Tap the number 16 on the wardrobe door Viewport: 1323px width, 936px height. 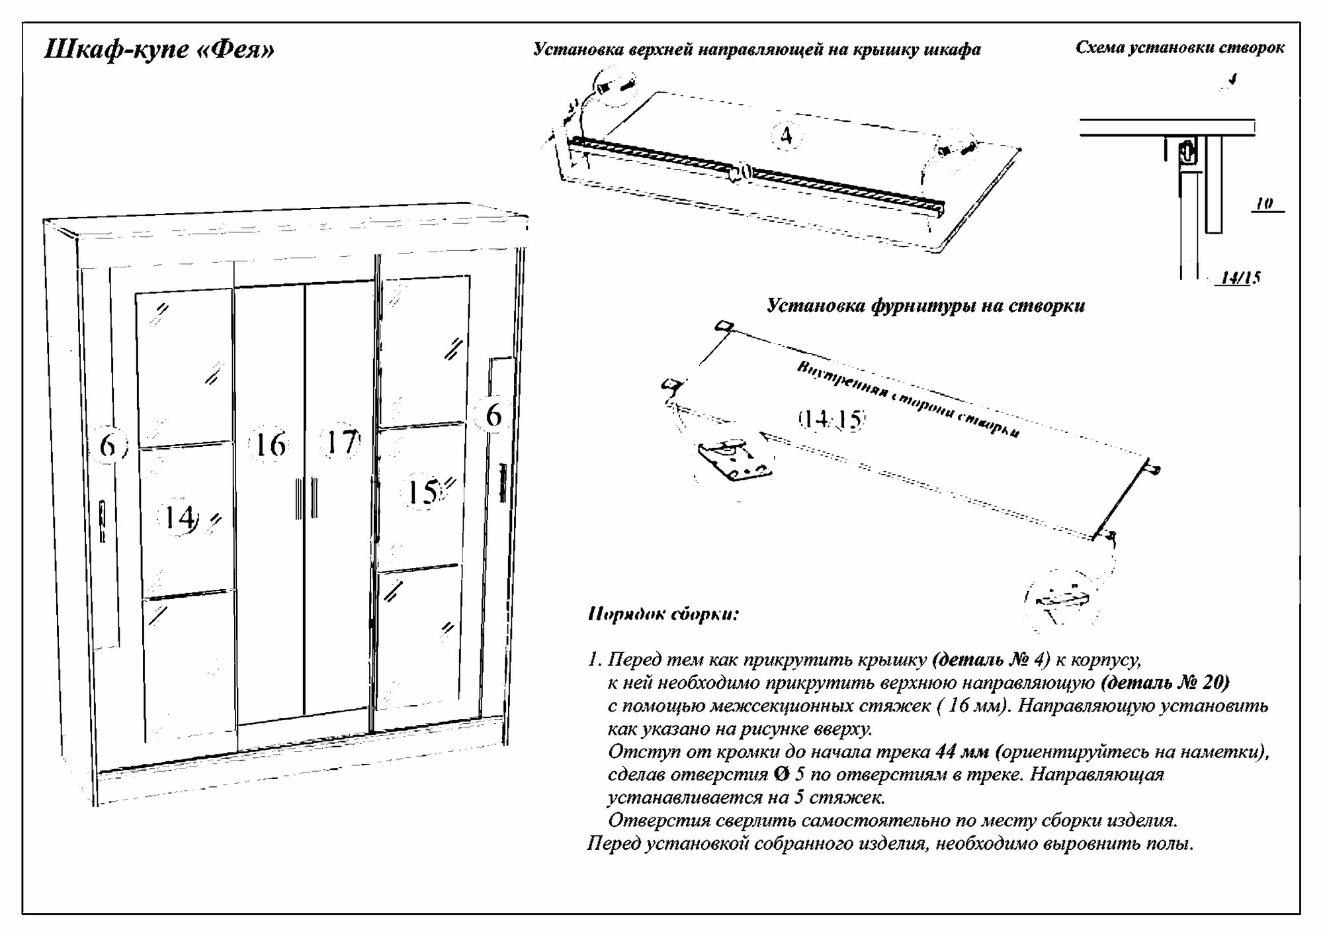point(270,444)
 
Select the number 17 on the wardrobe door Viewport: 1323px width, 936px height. point(341,442)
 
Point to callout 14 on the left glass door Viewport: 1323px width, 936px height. point(180,516)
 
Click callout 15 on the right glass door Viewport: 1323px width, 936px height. point(423,492)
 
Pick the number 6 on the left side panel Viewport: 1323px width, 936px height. point(108,445)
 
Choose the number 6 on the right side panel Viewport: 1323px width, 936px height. point(493,415)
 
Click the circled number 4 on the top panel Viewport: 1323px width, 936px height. point(786,135)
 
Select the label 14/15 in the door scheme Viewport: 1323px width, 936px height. point(1240,277)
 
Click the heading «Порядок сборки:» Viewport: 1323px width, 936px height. point(663,614)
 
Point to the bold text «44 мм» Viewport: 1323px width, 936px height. point(962,752)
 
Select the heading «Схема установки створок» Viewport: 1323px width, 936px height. point(1179,48)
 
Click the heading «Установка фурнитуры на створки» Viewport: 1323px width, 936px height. point(925,306)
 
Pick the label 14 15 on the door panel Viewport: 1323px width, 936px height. point(832,419)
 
